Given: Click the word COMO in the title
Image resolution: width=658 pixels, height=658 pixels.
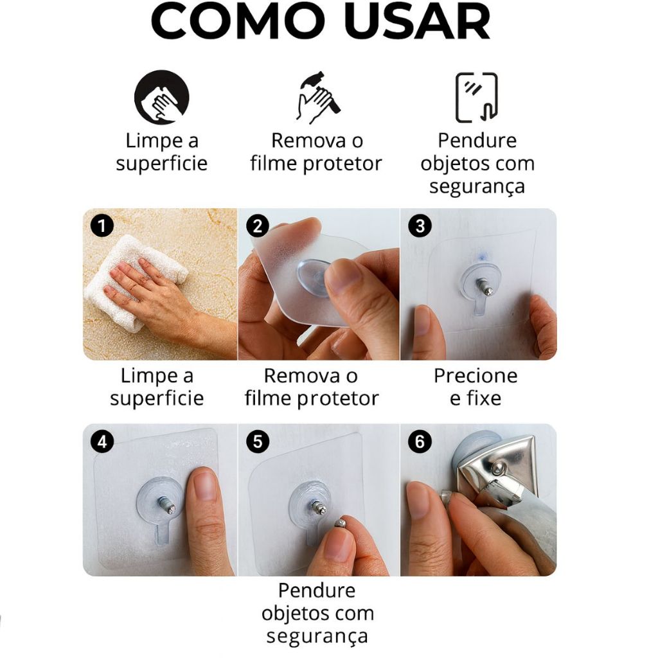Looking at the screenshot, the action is [238, 21].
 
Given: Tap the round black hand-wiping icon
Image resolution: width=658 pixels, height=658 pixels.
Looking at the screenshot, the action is [161, 97].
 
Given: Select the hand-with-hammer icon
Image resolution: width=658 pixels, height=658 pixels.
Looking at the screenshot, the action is [317, 98].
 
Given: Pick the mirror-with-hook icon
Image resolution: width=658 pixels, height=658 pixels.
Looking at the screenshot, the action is [477, 98].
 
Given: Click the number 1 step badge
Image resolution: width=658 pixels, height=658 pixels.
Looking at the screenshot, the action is [102, 226].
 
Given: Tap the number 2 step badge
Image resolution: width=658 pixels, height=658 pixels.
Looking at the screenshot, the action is [258, 226].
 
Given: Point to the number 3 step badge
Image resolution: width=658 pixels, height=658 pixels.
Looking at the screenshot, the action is [420, 226].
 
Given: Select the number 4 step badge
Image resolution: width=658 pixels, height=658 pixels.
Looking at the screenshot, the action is [102, 441].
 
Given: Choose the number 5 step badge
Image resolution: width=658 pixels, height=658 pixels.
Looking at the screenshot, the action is [258, 441].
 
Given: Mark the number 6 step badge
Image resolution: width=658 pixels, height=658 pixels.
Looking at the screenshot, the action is [420, 441].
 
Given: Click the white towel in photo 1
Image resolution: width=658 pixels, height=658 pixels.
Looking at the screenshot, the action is [134, 282].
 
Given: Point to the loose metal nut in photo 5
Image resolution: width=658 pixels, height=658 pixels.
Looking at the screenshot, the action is [341, 523].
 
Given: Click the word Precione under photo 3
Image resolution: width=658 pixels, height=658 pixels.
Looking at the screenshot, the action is [476, 376].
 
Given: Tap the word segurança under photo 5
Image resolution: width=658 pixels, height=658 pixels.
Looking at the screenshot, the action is [317, 637].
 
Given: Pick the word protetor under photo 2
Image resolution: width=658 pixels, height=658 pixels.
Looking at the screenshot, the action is [338, 398].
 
